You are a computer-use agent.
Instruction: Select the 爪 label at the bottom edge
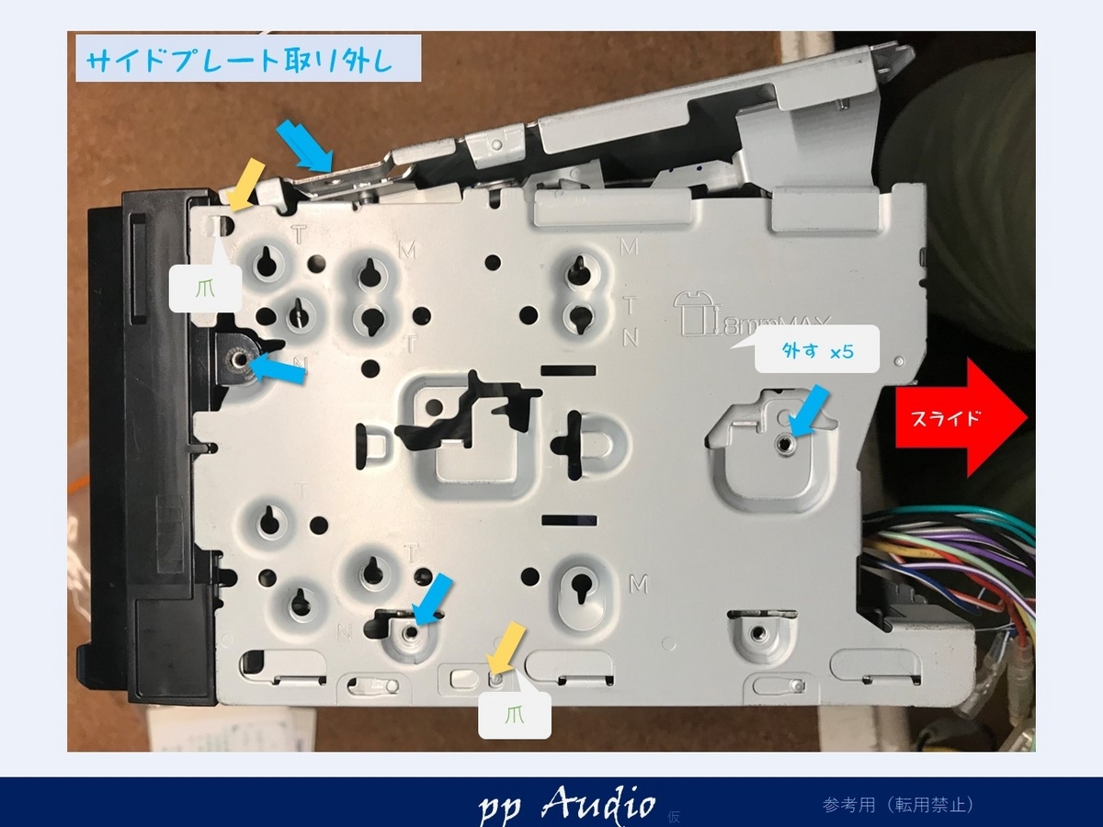pyautogui.click(x=515, y=716)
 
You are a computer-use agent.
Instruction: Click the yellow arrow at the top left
pyautogui.click(x=245, y=183)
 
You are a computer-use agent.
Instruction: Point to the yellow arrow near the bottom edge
pyautogui.click(x=506, y=648)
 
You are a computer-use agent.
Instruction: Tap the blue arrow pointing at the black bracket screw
pyautogui.click(x=278, y=369)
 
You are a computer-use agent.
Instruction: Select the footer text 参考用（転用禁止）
pyautogui.click(x=898, y=805)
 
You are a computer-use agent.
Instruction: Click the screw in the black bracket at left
pyautogui.click(x=238, y=359)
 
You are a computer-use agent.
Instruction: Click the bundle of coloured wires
pyautogui.click(x=947, y=570)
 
